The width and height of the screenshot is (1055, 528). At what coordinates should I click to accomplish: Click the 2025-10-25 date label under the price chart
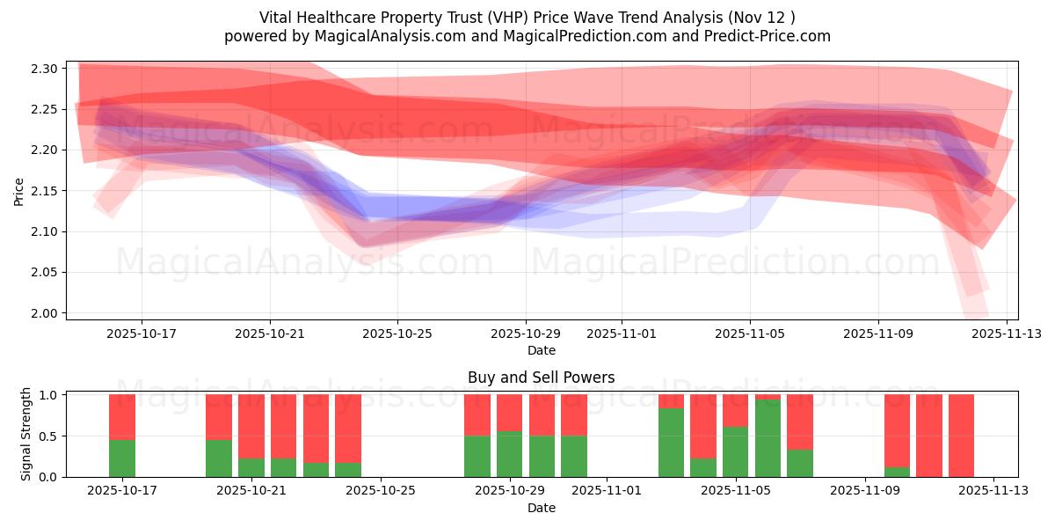(397, 334)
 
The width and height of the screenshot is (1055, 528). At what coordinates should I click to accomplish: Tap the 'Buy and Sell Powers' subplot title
(542, 378)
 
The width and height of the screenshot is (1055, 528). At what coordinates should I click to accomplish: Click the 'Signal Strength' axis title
(26, 434)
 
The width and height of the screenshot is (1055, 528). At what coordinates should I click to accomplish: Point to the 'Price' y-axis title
(19, 191)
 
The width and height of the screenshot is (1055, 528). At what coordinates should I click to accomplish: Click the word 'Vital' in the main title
(277, 18)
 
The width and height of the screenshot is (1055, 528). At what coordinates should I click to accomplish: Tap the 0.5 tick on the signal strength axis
(49, 436)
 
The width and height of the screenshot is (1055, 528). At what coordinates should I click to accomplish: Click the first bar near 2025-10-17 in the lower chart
(122, 436)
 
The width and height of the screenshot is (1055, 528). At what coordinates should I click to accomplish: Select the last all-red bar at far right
(961, 436)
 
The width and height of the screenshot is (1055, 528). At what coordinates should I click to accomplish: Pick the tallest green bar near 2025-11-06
(768, 438)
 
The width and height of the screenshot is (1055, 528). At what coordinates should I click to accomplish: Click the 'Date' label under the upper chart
(542, 350)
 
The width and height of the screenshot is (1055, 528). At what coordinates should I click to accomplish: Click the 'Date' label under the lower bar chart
(542, 508)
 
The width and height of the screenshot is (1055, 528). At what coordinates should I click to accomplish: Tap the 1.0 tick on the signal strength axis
(49, 395)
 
